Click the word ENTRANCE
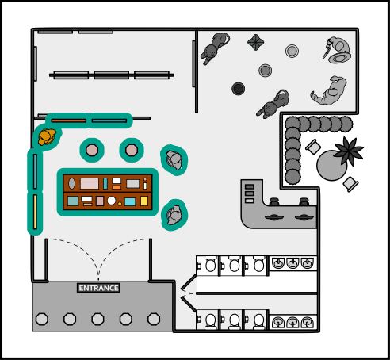point(98,288)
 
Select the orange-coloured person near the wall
point(47,136)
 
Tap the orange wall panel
point(69,121)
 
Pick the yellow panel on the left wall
point(35,212)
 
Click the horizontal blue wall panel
point(109,121)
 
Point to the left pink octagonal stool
point(92,150)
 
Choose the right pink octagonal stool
point(132,150)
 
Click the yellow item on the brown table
point(144,201)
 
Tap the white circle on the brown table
point(112,201)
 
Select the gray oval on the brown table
point(71,183)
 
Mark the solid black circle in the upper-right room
point(238,89)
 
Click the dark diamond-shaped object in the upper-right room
point(256,42)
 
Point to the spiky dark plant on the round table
point(349,151)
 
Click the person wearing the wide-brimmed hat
point(338,51)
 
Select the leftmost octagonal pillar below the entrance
point(42,319)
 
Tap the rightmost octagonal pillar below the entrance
point(154,319)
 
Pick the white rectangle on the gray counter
point(250,201)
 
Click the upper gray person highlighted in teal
point(174,160)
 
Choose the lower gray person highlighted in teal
point(174,215)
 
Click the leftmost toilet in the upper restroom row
point(210,264)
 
